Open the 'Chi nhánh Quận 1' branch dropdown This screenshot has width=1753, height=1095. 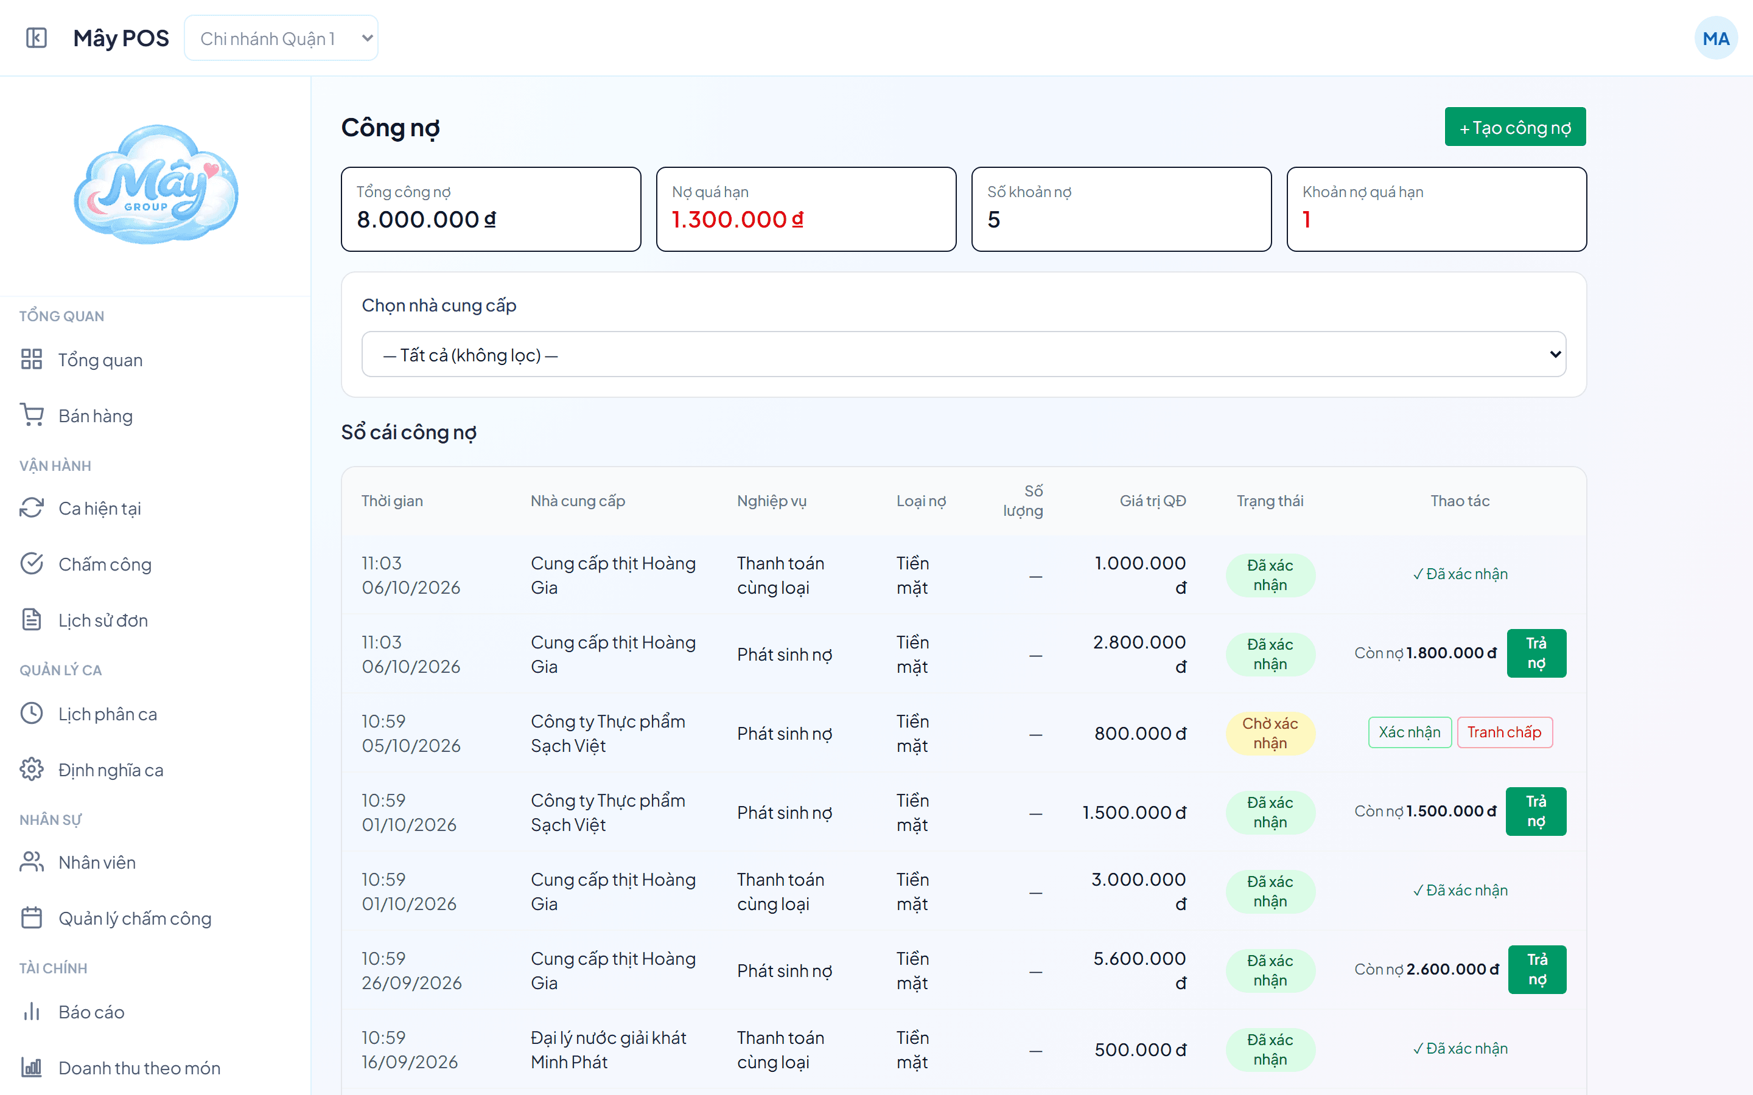point(281,38)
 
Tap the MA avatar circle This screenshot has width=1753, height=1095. point(1715,38)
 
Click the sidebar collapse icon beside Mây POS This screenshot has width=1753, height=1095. point(37,38)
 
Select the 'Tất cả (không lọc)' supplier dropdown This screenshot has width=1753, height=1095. point(964,354)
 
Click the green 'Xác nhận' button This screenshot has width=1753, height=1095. point(1410,732)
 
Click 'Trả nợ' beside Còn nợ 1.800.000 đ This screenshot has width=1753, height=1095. point(1536,653)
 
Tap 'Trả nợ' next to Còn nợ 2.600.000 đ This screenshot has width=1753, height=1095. point(1537,969)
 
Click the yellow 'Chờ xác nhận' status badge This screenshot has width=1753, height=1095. point(1270,733)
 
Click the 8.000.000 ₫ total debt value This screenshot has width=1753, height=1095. point(427,220)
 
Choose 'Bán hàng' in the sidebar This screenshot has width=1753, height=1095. point(96,415)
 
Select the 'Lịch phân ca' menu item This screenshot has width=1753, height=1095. point(107,714)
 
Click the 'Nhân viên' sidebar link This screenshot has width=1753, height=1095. point(97,863)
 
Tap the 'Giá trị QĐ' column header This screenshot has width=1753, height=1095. point(1152,501)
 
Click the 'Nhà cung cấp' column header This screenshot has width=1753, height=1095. point(577,501)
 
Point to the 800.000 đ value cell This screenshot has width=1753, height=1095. point(1140,734)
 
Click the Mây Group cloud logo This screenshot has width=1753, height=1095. point(156,184)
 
